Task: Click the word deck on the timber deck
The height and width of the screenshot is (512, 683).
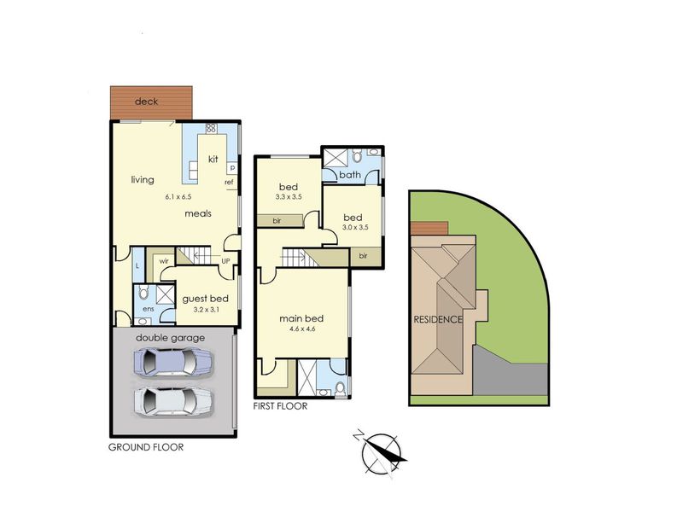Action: tap(146, 102)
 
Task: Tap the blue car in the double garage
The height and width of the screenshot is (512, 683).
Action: tap(173, 362)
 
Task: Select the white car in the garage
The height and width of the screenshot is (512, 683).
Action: tap(173, 402)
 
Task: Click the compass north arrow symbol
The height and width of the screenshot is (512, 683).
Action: tap(382, 452)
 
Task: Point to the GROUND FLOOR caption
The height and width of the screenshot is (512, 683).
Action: tap(146, 447)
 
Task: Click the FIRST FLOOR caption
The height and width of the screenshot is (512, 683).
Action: tap(281, 406)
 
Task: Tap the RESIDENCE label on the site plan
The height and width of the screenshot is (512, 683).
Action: tap(438, 319)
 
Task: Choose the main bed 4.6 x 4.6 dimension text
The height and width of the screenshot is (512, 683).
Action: tap(302, 329)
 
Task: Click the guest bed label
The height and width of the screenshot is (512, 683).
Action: tap(205, 299)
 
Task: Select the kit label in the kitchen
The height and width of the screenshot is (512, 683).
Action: tap(213, 160)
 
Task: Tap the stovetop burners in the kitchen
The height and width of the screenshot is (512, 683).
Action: tap(211, 128)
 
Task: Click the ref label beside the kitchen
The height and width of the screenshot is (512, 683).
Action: tap(229, 183)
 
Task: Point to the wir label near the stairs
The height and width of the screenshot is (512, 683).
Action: tap(164, 261)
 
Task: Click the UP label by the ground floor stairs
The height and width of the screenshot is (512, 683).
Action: tap(225, 261)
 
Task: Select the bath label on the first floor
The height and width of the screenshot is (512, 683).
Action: tap(350, 175)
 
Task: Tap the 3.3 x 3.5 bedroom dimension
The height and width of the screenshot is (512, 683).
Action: tap(289, 197)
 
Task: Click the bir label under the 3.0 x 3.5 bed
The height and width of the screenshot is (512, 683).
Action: tap(364, 256)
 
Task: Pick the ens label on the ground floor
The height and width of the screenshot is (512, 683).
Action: tap(149, 309)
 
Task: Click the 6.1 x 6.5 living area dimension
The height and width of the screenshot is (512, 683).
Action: tap(178, 197)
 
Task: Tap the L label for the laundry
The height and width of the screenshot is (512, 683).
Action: tap(137, 265)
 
